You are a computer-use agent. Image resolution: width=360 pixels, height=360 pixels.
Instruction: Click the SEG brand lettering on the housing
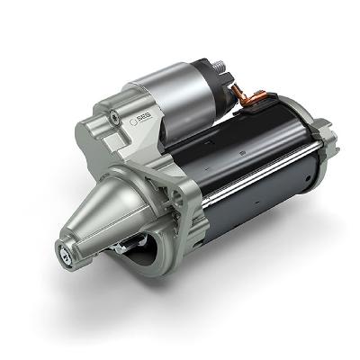point(143,119)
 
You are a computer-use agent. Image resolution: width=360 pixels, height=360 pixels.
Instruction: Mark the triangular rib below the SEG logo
point(126,148)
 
